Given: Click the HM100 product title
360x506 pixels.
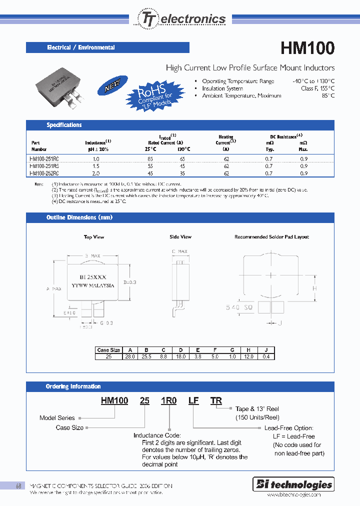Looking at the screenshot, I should click(x=307, y=48).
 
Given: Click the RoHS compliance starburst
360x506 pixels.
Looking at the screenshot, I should click(x=150, y=95).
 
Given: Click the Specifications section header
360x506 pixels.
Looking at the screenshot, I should click(x=64, y=125).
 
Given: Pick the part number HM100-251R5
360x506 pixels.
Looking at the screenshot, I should click(x=45, y=166).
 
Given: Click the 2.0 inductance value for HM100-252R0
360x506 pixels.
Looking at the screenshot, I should click(x=96, y=173).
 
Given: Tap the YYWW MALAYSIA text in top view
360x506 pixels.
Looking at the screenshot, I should click(x=93, y=285).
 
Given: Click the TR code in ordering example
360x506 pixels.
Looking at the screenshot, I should click(x=216, y=400).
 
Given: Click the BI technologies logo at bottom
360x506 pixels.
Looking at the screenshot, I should click(x=293, y=484).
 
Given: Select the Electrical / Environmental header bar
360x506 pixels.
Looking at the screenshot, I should click(x=107, y=47).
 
